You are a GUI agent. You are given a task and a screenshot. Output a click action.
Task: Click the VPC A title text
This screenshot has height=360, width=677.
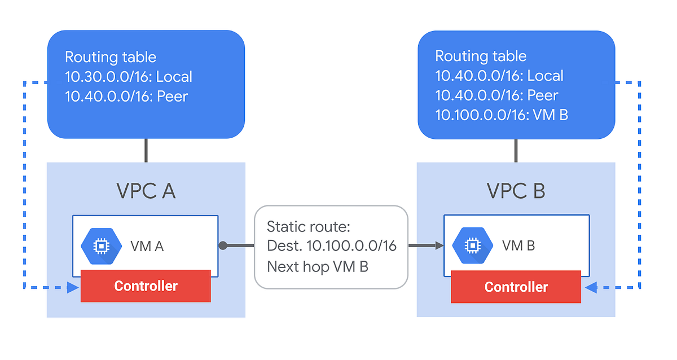click(146, 191)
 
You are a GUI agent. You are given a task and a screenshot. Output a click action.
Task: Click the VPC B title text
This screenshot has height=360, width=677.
click(516, 191)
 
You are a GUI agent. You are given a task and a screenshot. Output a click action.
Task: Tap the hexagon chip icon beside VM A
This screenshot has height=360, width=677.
click(101, 245)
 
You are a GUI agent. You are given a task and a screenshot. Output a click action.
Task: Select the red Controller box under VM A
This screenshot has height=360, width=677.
click(146, 286)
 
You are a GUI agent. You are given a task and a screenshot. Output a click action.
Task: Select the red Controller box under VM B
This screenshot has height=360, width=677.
click(516, 287)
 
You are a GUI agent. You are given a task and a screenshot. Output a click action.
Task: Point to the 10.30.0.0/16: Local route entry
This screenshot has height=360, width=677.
click(129, 77)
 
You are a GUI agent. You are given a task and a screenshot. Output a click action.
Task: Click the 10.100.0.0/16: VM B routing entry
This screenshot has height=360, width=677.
click(502, 115)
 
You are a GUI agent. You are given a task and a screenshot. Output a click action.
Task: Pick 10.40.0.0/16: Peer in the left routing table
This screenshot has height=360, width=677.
click(126, 96)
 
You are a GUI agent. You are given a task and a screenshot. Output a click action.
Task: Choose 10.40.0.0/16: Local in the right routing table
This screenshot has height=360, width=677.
click(499, 76)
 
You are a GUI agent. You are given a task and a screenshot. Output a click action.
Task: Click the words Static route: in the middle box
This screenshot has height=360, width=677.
click(309, 227)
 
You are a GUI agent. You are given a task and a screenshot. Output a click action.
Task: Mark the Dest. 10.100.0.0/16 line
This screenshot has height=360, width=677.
click(331, 246)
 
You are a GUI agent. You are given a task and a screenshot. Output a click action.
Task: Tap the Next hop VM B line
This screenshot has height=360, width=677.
click(317, 266)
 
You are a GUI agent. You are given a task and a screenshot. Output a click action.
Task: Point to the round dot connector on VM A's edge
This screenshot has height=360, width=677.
click(223, 245)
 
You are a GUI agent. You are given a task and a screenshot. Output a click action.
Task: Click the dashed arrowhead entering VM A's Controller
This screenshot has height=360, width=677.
click(73, 288)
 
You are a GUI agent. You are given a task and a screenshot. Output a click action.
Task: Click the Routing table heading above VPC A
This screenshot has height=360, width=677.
click(111, 57)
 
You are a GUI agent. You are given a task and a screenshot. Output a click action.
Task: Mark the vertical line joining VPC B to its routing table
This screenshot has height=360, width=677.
click(516, 151)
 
